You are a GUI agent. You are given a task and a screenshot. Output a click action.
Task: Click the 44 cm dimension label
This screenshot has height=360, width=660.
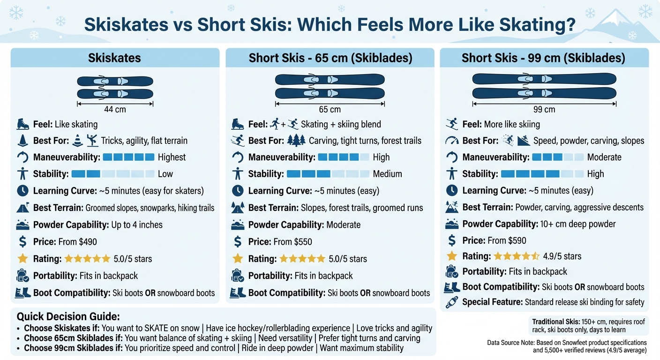click(x=115, y=110)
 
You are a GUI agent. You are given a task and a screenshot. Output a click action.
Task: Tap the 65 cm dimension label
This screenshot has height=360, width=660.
click(x=330, y=110)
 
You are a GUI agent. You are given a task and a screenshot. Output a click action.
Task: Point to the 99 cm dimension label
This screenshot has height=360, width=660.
click(x=544, y=110)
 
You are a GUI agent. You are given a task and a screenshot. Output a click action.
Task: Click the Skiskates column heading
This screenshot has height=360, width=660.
click(x=114, y=58)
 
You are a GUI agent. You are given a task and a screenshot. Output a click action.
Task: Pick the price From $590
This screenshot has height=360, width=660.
click(x=507, y=240)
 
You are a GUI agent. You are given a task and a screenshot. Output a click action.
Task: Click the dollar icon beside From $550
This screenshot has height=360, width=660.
click(x=238, y=242)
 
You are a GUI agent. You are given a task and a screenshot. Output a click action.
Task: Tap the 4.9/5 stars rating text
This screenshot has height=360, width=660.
click(x=562, y=256)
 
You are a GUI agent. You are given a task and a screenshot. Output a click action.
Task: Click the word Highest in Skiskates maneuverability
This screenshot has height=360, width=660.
click(x=172, y=157)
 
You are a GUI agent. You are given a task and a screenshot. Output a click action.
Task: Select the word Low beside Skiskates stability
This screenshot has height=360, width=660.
click(x=165, y=174)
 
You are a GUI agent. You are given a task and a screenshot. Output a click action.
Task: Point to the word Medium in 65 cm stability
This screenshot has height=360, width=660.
click(x=387, y=174)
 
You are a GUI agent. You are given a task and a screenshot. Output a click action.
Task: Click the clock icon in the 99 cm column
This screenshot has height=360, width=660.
click(x=452, y=190)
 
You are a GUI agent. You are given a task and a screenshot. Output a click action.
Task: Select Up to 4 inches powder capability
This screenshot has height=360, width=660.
click(x=137, y=225)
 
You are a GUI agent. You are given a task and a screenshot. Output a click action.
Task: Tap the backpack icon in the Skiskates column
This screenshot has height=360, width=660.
click(x=23, y=276)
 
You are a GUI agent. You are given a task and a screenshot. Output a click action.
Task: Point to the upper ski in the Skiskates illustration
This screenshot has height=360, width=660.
click(x=115, y=82)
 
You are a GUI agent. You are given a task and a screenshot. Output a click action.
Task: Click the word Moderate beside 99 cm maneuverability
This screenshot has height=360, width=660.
click(x=604, y=157)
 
